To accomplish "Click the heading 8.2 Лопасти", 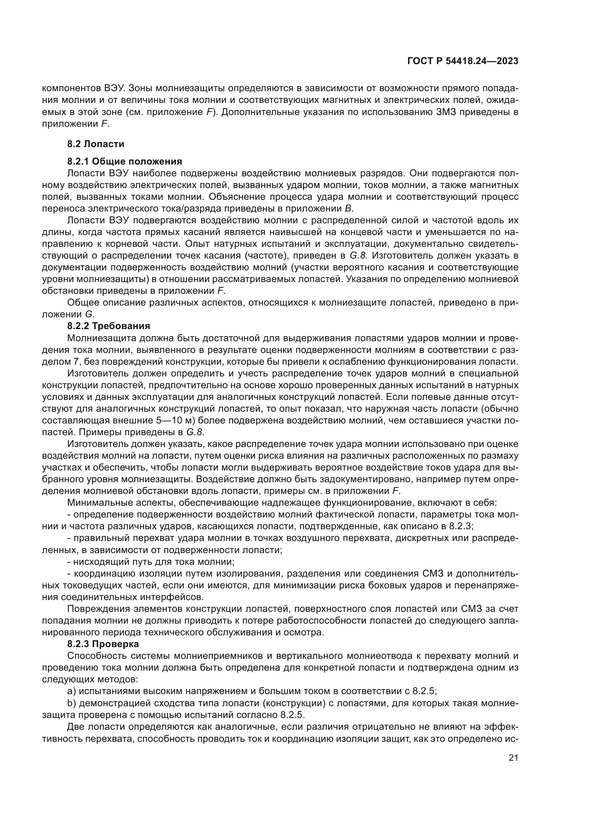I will pyautogui.click(x=96, y=144).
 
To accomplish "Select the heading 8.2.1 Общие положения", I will pyautogui.click(x=124, y=161).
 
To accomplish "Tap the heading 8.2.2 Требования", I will pyautogui.click(x=109, y=326).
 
